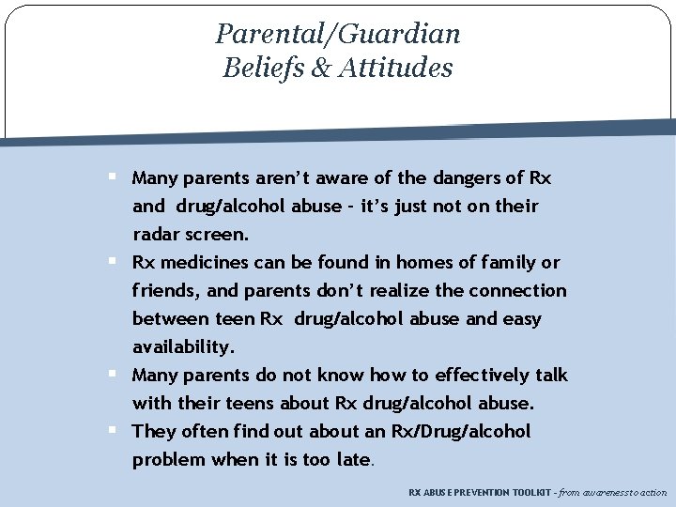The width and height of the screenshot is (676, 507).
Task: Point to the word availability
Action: (x=182, y=346)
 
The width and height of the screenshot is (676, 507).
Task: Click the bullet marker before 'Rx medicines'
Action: (x=112, y=261)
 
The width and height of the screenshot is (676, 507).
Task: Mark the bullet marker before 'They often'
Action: (x=112, y=430)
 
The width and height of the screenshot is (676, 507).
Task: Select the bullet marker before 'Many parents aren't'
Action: (x=112, y=177)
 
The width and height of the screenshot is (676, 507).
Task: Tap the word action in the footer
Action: (x=651, y=492)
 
